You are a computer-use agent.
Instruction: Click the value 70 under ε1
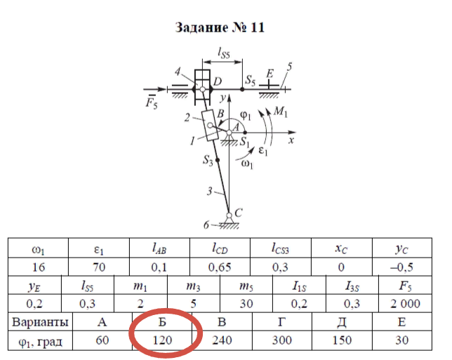(100, 267)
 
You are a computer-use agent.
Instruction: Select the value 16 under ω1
(38, 267)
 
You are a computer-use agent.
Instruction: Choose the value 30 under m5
(246, 304)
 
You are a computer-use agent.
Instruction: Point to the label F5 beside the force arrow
(149, 103)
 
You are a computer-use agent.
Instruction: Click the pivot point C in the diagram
(230, 215)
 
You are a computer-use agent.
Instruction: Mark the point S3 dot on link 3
(218, 161)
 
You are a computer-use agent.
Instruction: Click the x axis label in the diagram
(289, 140)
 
